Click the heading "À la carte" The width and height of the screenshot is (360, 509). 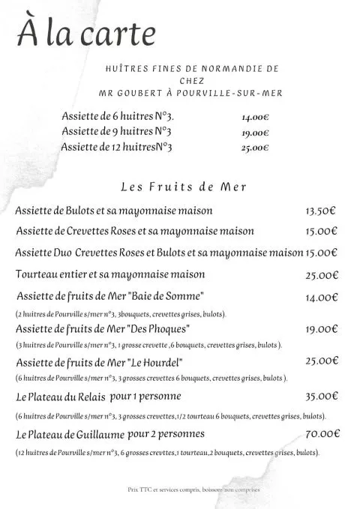[x=88, y=34]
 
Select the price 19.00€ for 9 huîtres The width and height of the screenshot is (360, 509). [x=255, y=133]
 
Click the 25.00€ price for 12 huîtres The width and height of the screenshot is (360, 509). [x=255, y=148]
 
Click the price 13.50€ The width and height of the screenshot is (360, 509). [x=321, y=211]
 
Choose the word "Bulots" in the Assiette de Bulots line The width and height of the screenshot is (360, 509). [x=88, y=211]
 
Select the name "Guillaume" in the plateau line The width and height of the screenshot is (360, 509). [x=98, y=435]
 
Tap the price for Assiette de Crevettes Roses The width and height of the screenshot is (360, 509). [x=321, y=232]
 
